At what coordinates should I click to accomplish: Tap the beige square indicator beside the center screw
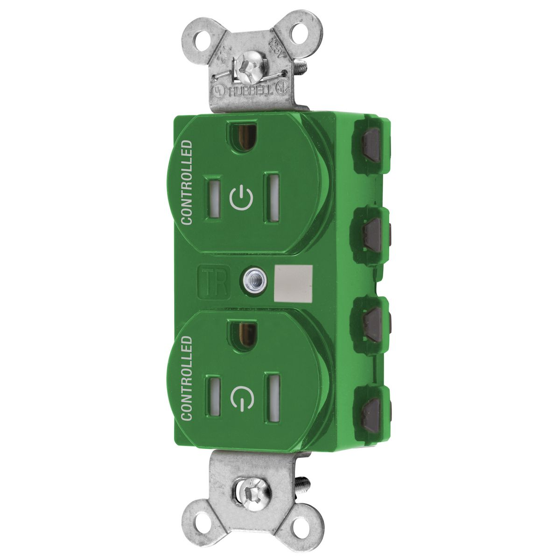(294, 282)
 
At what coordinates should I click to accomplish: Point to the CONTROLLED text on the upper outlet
(186, 183)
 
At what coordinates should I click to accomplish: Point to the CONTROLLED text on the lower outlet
(186, 378)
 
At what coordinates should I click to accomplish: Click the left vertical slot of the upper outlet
(213, 196)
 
